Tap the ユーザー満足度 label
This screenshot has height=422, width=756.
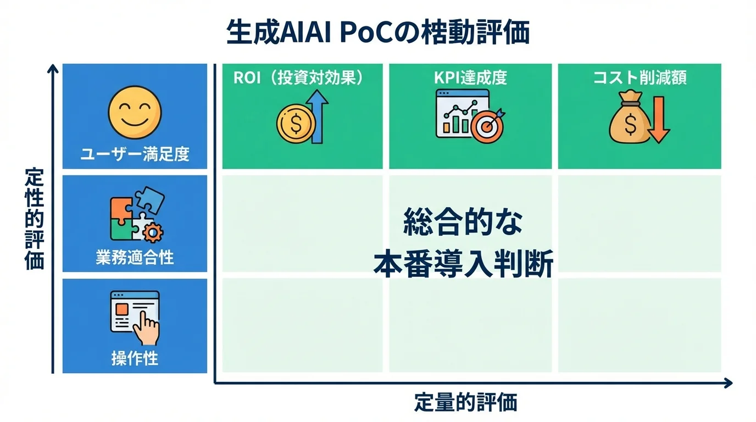pos(135,154)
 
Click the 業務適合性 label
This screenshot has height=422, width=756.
pos(135,258)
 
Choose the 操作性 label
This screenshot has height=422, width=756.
pos(135,359)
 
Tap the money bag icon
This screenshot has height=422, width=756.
pos(629,121)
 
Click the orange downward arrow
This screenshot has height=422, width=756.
pos(658,120)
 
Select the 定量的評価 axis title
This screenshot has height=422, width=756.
pos(466,403)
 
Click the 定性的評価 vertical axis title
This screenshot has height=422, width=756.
pos(34,220)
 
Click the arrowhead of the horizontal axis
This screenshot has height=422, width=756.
pos(728,383)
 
